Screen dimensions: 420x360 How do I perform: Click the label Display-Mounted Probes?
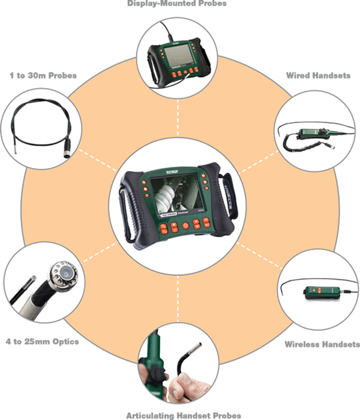pyautogui.click(x=176, y=4)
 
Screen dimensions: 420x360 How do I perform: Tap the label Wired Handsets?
pyautogui.click(x=317, y=75)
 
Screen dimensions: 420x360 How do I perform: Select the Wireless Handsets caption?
pyautogui.click(x=322, y=345)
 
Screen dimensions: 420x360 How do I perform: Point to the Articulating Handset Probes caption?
pyautogui.click(x=183, y=415)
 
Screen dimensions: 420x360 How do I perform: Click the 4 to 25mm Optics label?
pyautogui.click(x=43, y=342)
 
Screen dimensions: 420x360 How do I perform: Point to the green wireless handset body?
pyautogui.click(x=317, y=290)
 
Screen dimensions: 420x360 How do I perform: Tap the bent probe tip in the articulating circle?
pyautogui.click(x=193, y=349)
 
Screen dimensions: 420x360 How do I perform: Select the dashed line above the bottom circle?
pyautogui.click(x=179, y=298)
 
